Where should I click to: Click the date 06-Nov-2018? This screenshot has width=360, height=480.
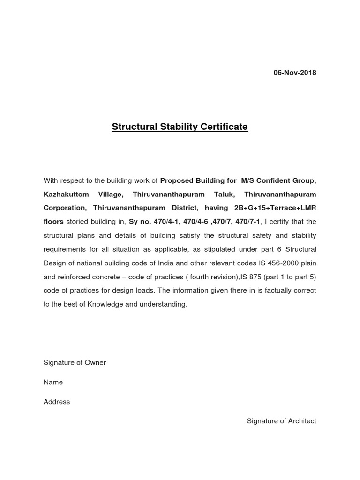coord(295,73)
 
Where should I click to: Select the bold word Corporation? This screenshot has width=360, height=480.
coord(65,207)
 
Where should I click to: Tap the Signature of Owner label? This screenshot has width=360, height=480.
coord(75,363)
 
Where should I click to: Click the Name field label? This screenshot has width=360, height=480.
coord(53,382)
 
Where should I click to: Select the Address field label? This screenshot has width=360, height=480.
coord(57,402)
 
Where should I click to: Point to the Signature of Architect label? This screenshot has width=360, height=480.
coord(281,421)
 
